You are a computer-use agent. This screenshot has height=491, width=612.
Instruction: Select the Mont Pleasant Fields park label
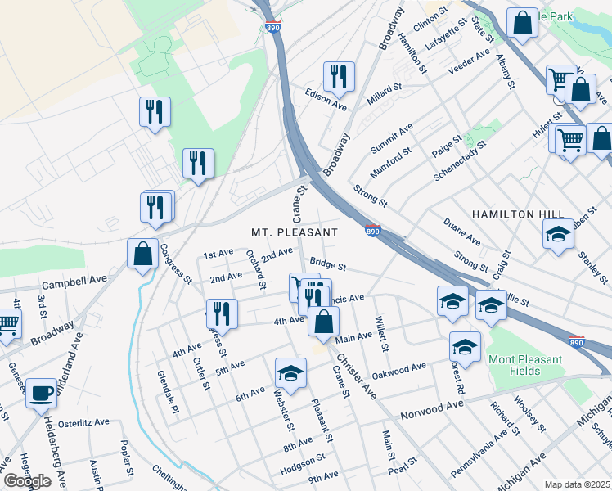click(x=525, y=365)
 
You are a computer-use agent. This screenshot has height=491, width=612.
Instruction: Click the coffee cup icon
click(x=42, y=393)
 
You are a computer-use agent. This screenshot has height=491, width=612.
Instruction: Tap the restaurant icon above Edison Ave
click(x=338, y=77)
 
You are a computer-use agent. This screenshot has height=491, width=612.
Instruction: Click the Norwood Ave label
click(x=432, y=411)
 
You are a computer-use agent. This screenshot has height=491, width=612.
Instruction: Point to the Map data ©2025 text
click(x=577, y=484)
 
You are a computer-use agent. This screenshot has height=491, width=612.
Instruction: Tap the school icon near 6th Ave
click(x=290, y=373)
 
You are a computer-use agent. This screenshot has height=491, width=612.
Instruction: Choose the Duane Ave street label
click(x=461, y=232)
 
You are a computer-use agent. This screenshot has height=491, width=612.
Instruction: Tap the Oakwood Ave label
click(x=399, y=370)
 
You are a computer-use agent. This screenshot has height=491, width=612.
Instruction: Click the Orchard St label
click(x=256, y=269)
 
